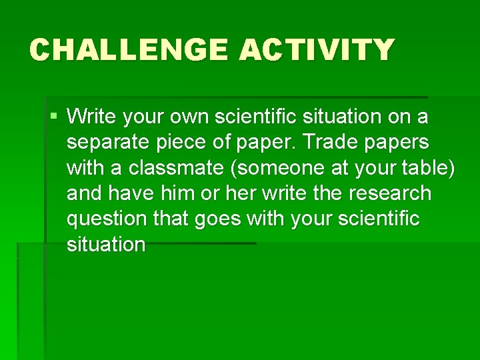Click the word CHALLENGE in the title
tap(128, 50)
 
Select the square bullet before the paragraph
tap(53, 117)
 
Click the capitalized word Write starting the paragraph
tap(90, 117)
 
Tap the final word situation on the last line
tap(106, 244)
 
